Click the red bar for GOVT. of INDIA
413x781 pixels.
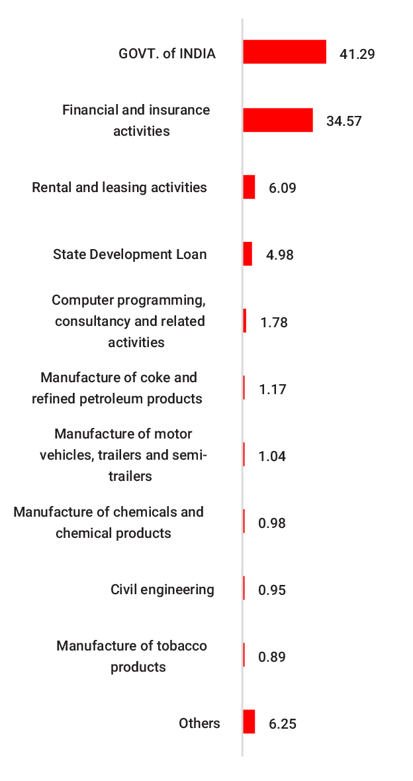click(285, 52)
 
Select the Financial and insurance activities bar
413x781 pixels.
click(278, 120)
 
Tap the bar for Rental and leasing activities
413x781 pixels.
click(249, 187)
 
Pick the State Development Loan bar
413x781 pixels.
click(248, 254)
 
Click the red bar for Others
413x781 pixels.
click(249, 721)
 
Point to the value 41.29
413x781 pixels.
click(357, 54)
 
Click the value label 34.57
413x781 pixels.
click(344, 121)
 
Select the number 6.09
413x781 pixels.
click(282, 188)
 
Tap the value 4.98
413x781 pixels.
click(279, 255)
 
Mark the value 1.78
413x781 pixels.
click(274, 323)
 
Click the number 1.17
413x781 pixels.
click(273, 390)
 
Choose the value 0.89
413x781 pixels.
click(272, 657)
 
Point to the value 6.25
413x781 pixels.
click(283, 724)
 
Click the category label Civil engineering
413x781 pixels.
click(162, 589)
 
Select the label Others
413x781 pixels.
click(199, 723)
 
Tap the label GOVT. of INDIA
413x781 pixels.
click(167, 54)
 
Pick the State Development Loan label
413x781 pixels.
click(130, 254)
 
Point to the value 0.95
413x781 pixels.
click(272, 590)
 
